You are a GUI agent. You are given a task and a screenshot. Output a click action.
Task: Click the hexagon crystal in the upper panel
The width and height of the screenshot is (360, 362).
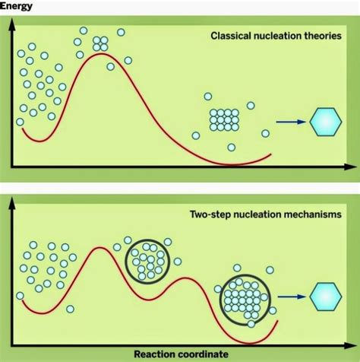(x=326, y=121)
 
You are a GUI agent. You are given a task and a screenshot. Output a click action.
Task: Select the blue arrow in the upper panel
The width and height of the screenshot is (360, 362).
(x=290, y=121)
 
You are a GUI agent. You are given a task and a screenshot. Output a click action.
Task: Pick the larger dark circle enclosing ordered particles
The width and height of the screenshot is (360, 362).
(x=245, y=299)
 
